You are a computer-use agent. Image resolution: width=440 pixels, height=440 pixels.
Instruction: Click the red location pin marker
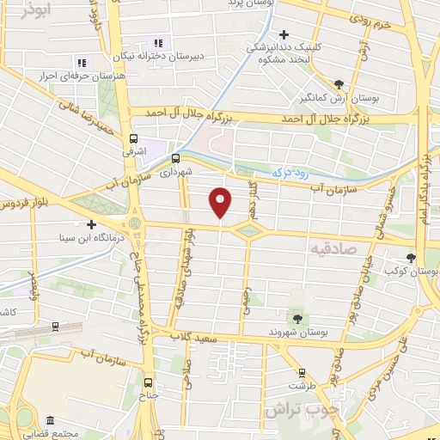222,202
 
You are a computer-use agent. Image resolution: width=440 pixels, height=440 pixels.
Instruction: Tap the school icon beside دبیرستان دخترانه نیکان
157,44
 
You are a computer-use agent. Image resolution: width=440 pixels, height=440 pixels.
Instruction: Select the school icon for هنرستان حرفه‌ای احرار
82,63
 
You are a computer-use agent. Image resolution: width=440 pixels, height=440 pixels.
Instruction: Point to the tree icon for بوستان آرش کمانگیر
339,84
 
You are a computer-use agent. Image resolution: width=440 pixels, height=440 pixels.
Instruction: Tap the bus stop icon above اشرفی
133,138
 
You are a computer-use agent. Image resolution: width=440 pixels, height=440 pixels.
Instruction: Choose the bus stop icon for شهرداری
175,158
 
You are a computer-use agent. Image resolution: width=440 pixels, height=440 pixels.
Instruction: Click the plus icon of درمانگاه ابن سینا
91,224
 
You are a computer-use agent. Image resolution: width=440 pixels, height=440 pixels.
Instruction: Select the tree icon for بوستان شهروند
297,318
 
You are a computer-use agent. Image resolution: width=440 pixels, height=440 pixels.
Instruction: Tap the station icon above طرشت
301,373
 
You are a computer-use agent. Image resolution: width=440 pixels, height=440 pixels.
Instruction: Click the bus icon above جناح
149,382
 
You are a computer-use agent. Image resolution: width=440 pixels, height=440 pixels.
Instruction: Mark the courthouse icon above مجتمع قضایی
50,421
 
